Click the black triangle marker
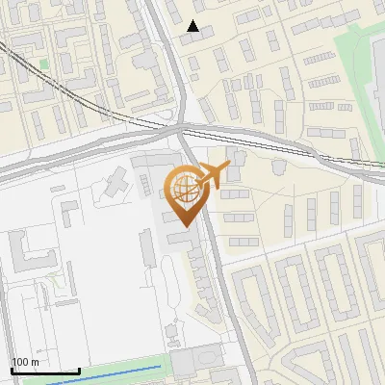click(x=193, y=26)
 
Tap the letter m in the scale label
click(x=36, y=362)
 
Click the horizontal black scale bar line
click(x=44, y=372)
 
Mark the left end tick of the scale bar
click(x=12, y=370)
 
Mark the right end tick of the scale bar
click(x=78, y=370)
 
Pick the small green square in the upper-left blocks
click(x=43, y=64)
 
